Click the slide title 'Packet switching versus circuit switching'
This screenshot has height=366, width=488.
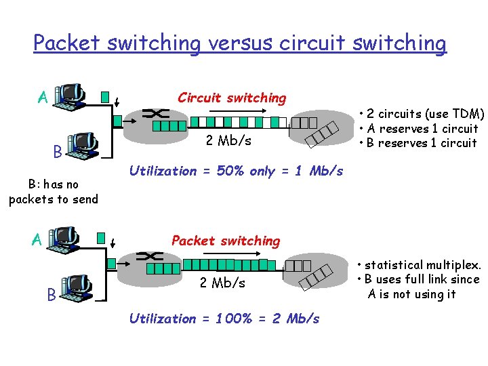[240, 43]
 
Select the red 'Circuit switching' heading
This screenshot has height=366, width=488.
[232, 98]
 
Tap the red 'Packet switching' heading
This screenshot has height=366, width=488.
[225, 241]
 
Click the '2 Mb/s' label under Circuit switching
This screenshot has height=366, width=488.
[228, 141]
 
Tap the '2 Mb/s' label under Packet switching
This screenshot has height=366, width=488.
[222, 283]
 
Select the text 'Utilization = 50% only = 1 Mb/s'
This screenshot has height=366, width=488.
[236, 171]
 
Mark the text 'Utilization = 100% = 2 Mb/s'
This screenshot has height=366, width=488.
[224, 319]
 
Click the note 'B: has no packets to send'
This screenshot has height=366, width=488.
[53, 192]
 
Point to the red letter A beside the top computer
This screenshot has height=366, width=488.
[42, 98]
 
